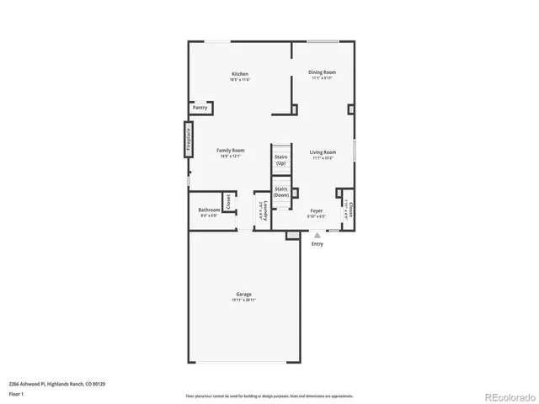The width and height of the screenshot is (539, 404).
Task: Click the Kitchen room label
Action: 240,74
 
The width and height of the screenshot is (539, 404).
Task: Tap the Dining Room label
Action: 322,73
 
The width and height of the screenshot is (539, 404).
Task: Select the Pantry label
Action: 200,108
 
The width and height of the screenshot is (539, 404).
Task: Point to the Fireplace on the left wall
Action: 189,138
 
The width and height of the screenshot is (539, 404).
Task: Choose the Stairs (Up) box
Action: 281,159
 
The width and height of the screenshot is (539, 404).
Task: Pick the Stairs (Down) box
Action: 281,193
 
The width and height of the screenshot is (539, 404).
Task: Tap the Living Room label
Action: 323,152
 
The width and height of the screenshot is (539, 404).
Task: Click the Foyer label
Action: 316,210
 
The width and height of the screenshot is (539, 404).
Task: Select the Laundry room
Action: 262,210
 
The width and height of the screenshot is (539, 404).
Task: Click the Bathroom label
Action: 209,210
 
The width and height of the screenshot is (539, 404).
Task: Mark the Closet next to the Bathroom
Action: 227,202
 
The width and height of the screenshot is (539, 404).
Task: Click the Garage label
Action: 243,295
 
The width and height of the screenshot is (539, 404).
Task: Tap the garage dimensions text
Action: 243,300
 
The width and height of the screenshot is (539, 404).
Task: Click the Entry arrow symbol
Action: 317,237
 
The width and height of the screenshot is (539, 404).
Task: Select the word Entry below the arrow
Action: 317,244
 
